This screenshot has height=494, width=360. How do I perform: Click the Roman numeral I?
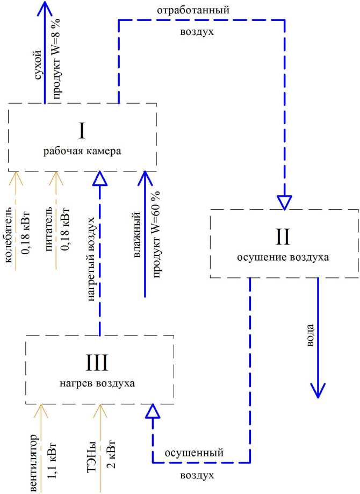(x=82, y=131)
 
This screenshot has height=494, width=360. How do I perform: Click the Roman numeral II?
(x=283, y=237)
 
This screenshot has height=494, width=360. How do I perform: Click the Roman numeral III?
(x=97, y=363)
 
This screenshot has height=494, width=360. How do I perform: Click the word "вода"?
(x=310, y=334)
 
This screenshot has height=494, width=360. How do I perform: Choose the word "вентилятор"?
(x=33, y=462)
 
